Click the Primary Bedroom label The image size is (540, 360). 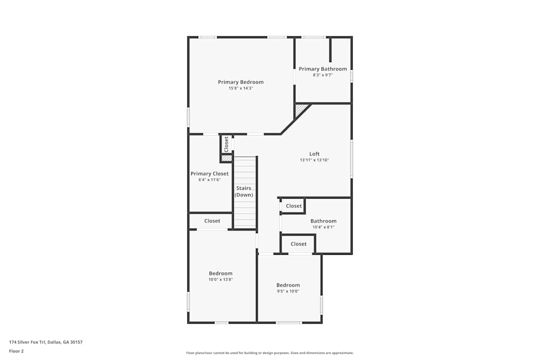coord(241,82)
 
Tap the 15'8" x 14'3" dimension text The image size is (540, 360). coord(241,88)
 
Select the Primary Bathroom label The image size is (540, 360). coord(323,69)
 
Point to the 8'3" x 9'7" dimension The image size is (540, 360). coord(323,75)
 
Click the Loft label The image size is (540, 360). coord(314,154)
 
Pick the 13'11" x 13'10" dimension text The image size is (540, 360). coord(314,160)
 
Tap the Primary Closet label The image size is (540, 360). coord(210,174)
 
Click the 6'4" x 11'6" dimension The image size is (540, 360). coord(210,180)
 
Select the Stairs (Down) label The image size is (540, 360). coord(244,192)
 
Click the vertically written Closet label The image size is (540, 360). coord(226,144)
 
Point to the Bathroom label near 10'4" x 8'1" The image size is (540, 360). coord(323,221)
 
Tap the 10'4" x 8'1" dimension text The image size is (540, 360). coord(323,227)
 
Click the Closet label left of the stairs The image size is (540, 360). coord(212,221)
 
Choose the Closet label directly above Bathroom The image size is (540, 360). coord(294,206)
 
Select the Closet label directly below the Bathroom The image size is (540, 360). coord(299,244)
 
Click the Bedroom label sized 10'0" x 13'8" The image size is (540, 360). coord(221,274)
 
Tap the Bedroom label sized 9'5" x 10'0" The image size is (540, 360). coord(288,285)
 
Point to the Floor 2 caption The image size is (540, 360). coord(16,351)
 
